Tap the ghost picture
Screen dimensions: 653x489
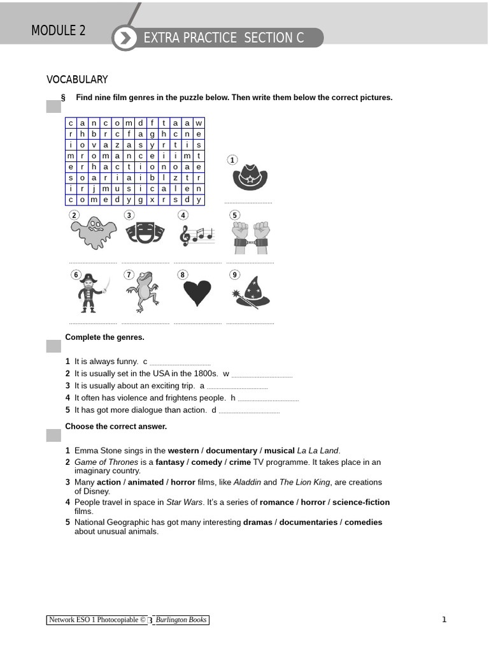[94, 233]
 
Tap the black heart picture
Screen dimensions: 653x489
[197, 294]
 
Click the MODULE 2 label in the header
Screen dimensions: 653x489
[59, 31]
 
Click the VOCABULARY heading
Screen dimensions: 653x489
[77, 80]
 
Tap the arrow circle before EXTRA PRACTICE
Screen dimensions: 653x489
[125, 38]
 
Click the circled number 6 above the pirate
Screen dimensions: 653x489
[76, 275]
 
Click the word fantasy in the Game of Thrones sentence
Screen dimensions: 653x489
[170, 462]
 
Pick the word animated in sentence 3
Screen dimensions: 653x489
[146, 482]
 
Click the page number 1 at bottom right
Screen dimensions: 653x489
[444, 619]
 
